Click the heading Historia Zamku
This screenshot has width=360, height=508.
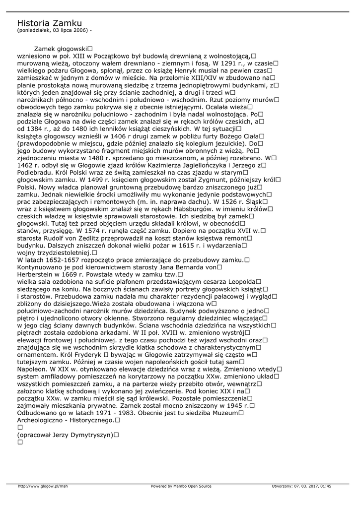point(49,23)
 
